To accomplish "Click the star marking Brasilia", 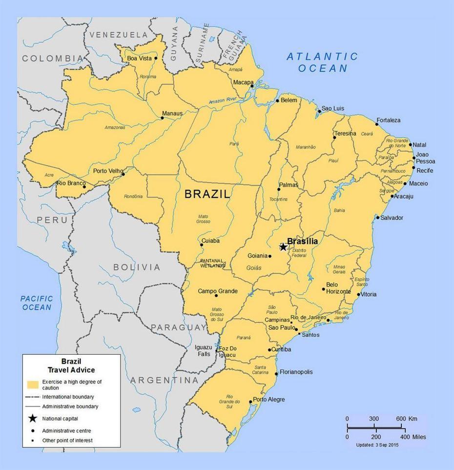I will tap(283, 247).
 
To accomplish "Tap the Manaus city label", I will tap(172, 113).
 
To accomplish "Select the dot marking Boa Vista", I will tap(156, 58).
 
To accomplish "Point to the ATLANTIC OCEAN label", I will tap(322, 62).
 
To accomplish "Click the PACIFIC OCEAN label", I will tap(36, 303).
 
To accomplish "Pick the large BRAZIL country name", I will tap(207, 194).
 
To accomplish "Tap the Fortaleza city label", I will tap(389, 120).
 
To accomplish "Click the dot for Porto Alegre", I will tap(251, 402).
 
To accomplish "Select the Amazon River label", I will tap(222, 101).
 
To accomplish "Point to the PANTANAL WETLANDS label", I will tap(213, 263).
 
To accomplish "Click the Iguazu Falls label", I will tap(203, 351).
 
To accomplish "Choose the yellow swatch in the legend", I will tap(33, 384).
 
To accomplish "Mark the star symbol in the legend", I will tap(32, 418).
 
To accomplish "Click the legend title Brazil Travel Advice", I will tap(71, 366).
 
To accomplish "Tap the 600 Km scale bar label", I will tap(407, 419).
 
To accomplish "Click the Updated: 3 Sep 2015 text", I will tap(377, 445).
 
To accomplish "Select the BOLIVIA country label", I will tap(137, 267).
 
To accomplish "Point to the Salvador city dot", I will tap(377, 218).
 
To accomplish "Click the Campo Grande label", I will tap(218, 291).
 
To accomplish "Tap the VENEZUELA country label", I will tap(118, 35).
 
